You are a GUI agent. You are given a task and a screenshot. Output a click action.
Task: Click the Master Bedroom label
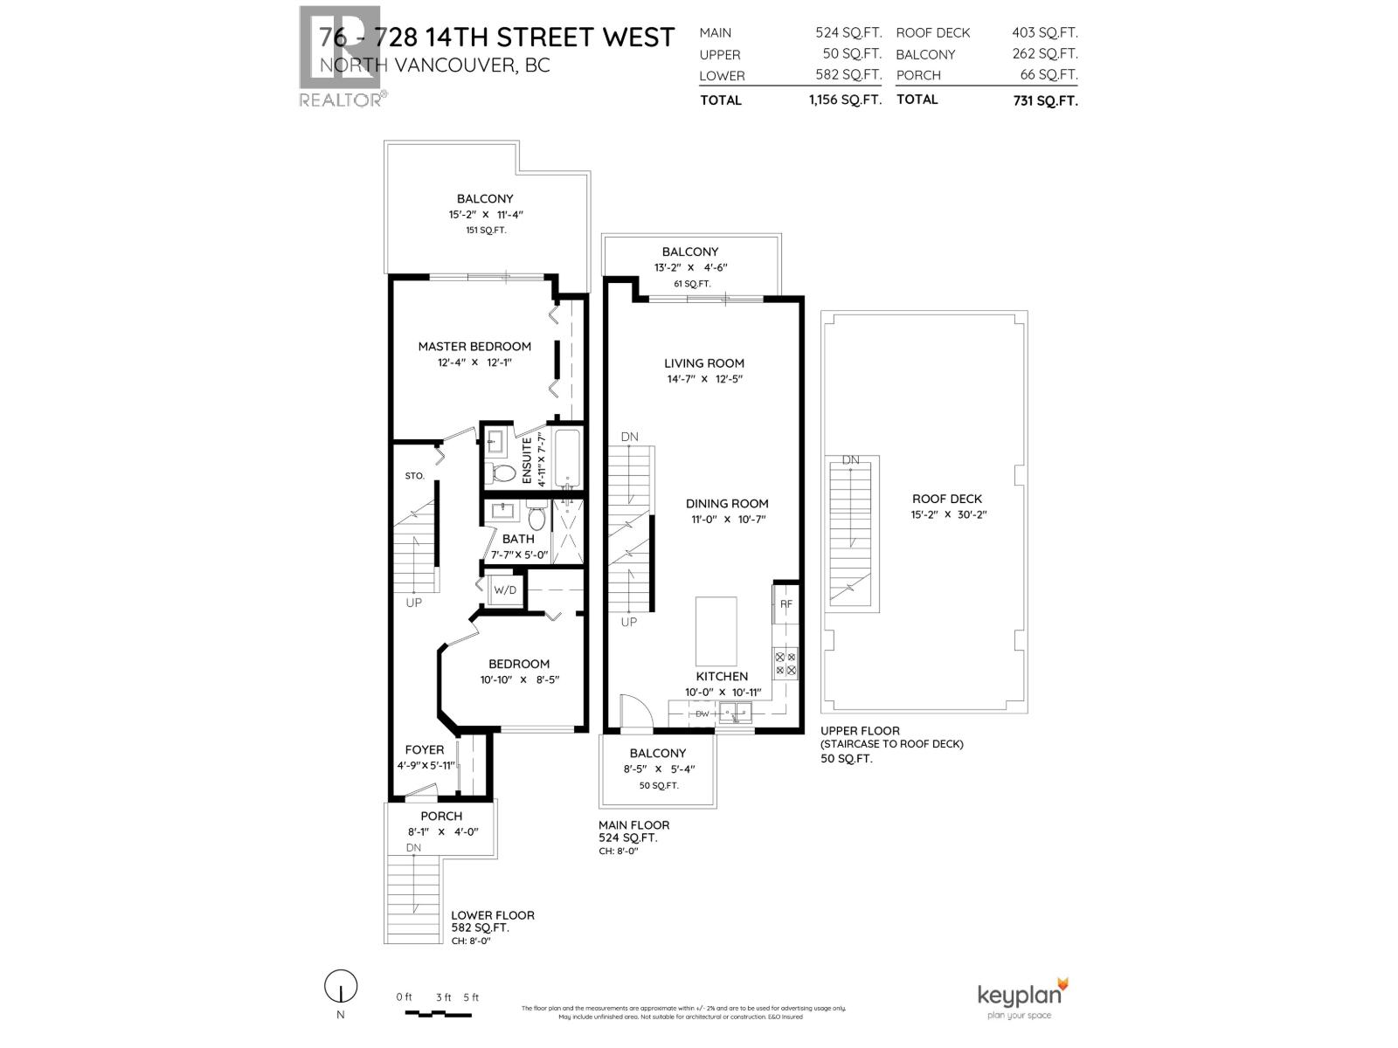(474, 346)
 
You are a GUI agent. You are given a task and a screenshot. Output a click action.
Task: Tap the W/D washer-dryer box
(505, 589)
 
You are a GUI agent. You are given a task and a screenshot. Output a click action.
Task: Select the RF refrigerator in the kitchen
(786, 603)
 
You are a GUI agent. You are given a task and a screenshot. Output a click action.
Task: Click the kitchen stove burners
(785, 664)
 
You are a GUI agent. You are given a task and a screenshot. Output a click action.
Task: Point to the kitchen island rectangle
(716, 632)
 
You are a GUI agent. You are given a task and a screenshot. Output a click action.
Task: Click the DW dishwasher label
(702, 714)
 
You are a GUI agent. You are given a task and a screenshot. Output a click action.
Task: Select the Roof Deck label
(947, 499)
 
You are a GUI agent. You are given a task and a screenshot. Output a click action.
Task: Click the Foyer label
(425, 749)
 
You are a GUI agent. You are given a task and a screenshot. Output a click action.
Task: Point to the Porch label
(441, 816)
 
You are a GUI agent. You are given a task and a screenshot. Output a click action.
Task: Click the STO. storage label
(415, 476)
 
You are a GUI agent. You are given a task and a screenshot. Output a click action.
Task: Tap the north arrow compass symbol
(341, 988)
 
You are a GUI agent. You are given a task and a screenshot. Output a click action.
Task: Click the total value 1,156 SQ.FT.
(845, 100)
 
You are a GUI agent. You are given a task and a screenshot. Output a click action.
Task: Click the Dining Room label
(727, 503)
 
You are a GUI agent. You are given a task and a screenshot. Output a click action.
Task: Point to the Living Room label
(704, 363)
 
